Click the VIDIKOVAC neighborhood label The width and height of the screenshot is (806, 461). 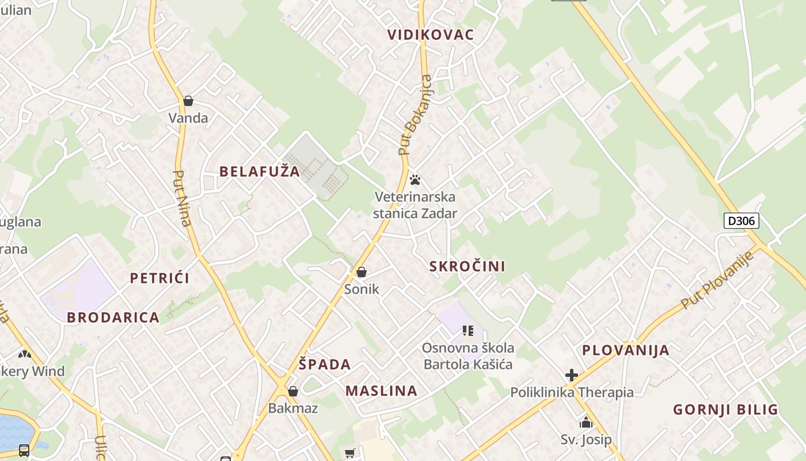pyautogui.click(x=431, y=35)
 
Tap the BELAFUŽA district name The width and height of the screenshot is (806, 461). pyautogui.click(x=260, y=171)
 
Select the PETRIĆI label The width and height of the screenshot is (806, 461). pyautogui.click(x=159, y=278)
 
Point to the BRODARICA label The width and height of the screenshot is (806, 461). pyautogui.click(x=113, y=318)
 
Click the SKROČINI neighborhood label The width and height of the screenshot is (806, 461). pyautogui.click(x=467, y=266)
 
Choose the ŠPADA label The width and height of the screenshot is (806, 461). pyautogui.click(x=325, y=364)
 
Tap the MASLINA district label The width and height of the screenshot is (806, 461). pyautogui.click(x=381, y=391)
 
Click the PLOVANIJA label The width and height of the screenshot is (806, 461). pyautogui.click(x=625, y=350)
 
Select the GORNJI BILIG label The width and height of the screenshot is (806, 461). pyautogui.click(x=725, y=410)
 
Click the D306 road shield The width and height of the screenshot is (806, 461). pyautogui.click(x=741, y=221)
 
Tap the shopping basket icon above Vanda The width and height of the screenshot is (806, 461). pyautogui.click(x=188, y=101)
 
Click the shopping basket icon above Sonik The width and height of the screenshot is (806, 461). pyautogui.click(x=362, y=272)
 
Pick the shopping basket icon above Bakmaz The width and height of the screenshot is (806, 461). pyautogui.click(x=293, y=392)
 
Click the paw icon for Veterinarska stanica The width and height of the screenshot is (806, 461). pyautogui.click(x=415, y=180)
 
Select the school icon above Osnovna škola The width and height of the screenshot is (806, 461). pyautogui.click(x=468, y=331)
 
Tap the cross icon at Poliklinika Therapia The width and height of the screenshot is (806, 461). pyautogui.click(x=572, y=376)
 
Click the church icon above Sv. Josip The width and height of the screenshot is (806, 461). pyautogui.click(x=586, y=423)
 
